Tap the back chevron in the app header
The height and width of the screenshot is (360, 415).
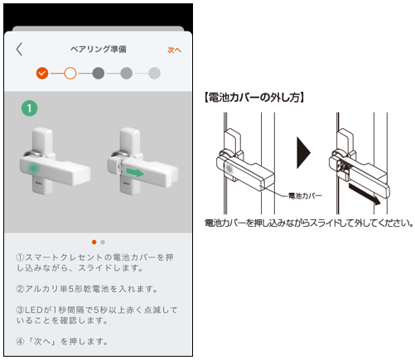pos(19,50)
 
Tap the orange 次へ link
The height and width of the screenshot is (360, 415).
pos(174,50)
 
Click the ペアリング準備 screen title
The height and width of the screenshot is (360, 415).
pos(99,49)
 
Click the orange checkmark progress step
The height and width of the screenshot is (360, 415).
pos(42,74)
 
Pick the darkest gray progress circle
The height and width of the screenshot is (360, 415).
pos(99,74)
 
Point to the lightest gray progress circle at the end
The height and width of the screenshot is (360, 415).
pos(155,74)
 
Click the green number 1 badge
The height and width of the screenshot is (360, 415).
pos(30,108)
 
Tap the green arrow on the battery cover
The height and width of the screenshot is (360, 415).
pos(135,172)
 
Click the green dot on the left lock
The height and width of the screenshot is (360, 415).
pos(34,168)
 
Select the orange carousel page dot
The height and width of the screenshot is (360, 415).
pos(94,242)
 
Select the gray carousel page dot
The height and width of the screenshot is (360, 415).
pos(103,242)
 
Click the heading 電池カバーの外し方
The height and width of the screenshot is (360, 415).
pos(254,98)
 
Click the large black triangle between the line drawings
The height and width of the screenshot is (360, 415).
pos(303,152)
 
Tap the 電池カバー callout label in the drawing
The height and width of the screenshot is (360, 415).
pos(305,196)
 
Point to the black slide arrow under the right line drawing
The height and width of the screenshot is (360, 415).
pos(364,194)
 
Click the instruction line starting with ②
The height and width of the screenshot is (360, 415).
pos(87,289)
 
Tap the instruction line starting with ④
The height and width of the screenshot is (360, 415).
pos(62,342)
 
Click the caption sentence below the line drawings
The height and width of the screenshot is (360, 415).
pos(309,223)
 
